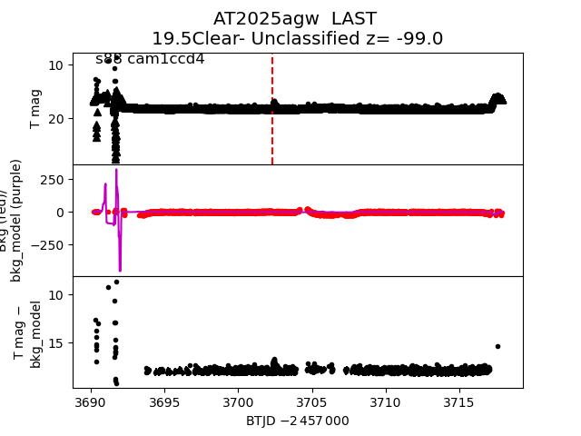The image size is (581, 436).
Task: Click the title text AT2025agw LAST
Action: pos(295,19)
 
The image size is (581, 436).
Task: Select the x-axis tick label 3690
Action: pos(90,401)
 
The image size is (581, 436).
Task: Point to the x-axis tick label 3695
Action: pos(163,401)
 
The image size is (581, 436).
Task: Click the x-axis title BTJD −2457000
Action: pos(297,421)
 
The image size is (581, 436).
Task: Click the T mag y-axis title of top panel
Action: pos(36,109)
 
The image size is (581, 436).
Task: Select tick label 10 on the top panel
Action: pos(54,65)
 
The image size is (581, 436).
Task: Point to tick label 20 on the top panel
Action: pos(54,118)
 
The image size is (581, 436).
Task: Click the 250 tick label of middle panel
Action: pos(51,180)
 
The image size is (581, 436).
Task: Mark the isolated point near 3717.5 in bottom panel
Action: pos(497,346)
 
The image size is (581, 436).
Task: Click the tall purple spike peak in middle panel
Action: pos(116,170)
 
